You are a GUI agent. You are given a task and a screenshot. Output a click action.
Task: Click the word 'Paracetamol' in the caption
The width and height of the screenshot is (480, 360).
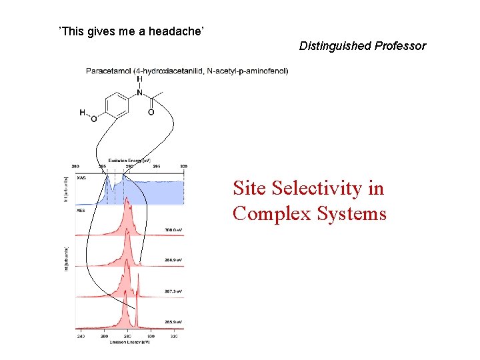tap(109, 71)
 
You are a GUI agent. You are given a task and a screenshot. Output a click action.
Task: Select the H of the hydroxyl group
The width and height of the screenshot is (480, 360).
tap(83, 113)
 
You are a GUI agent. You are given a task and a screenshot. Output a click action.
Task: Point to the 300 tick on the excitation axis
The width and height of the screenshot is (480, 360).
tap(183, 166)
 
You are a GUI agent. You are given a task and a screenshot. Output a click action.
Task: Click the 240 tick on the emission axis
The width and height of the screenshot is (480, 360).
tap(80, 337)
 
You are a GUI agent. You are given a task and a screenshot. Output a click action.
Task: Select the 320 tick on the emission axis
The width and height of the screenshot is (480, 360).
tap(174, 337)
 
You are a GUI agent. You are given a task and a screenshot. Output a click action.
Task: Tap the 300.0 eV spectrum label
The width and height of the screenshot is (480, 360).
tap(173, 230)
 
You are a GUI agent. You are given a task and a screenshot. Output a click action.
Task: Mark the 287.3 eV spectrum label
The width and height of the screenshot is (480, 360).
tap(173, 291)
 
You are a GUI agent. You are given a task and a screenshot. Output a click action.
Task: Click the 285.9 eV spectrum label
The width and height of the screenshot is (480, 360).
tap(173, 321)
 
